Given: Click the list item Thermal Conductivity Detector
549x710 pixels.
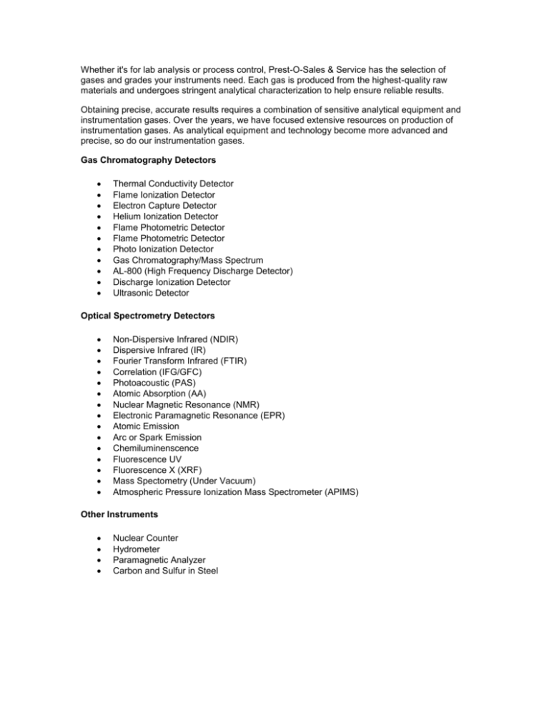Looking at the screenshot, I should (x=173, y=184).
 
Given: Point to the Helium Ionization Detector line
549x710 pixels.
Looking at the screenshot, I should (x=166, y=216).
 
